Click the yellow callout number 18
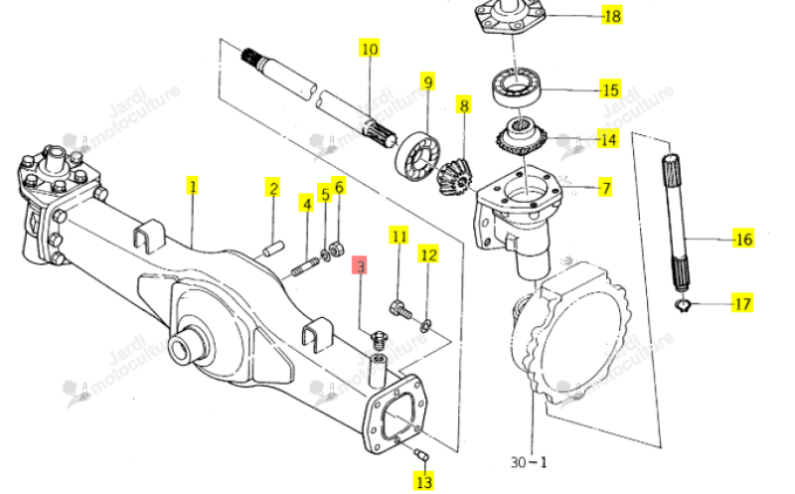[x=612, y=16]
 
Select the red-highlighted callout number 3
[x=360, y=265]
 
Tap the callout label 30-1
[x=529, y=462]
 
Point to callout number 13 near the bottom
[x=424, y=481]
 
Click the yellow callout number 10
[x=369, y=49]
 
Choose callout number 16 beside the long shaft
[x=743, y=239]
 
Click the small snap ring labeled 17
[x=684, y=305]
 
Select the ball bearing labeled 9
[x=417, y=153]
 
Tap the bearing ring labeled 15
[x=517, y=87]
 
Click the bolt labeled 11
[x=399, y=309]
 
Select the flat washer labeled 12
[x=425, y=325]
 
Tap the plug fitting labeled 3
[x=379, y=339]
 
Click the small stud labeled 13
[x=422, y=454]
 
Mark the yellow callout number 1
[x=192, y=186]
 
